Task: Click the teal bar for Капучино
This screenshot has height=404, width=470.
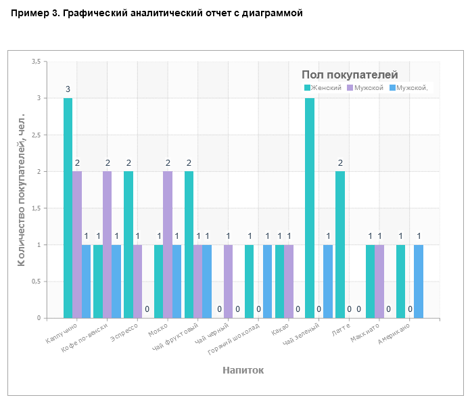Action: (x=68, y=208)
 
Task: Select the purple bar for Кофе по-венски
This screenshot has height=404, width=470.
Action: (x=107, y=244)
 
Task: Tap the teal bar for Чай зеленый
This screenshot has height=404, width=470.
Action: (x=310, y=208)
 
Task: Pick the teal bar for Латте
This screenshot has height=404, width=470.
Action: (x=340, y=244)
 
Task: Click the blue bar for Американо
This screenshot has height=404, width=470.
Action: (x=419, y=281)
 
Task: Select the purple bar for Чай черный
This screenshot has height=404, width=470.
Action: (x=228, y=281)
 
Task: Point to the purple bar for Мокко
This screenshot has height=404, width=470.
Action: (x=168, y=244)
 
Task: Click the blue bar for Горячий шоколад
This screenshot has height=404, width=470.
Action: (x=267, y=281)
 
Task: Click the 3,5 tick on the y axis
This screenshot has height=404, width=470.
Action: (x=36, y=62)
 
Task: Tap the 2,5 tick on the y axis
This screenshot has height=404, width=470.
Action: (x=36, y=135)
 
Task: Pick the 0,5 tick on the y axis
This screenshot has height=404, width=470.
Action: (x=36, y=282)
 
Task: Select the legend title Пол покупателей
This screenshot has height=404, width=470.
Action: (x=350, y=75)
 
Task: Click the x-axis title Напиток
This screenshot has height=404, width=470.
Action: (x=243, y=370)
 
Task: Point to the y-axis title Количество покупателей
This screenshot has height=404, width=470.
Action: (x=22, y=189)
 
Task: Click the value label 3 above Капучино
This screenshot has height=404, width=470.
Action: (x=68, y=89)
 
